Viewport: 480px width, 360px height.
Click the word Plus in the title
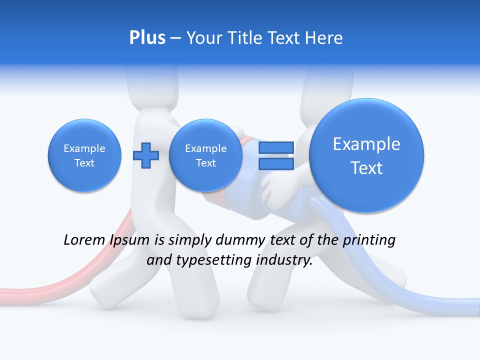(147, 38)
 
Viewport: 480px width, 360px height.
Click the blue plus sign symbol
(145, 155)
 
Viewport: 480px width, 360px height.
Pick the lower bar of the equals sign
(276, 164)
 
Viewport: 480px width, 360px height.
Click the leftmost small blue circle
(84, 155)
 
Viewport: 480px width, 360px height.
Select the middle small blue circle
(205, 155)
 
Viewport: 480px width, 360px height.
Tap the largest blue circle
(366, 155)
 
